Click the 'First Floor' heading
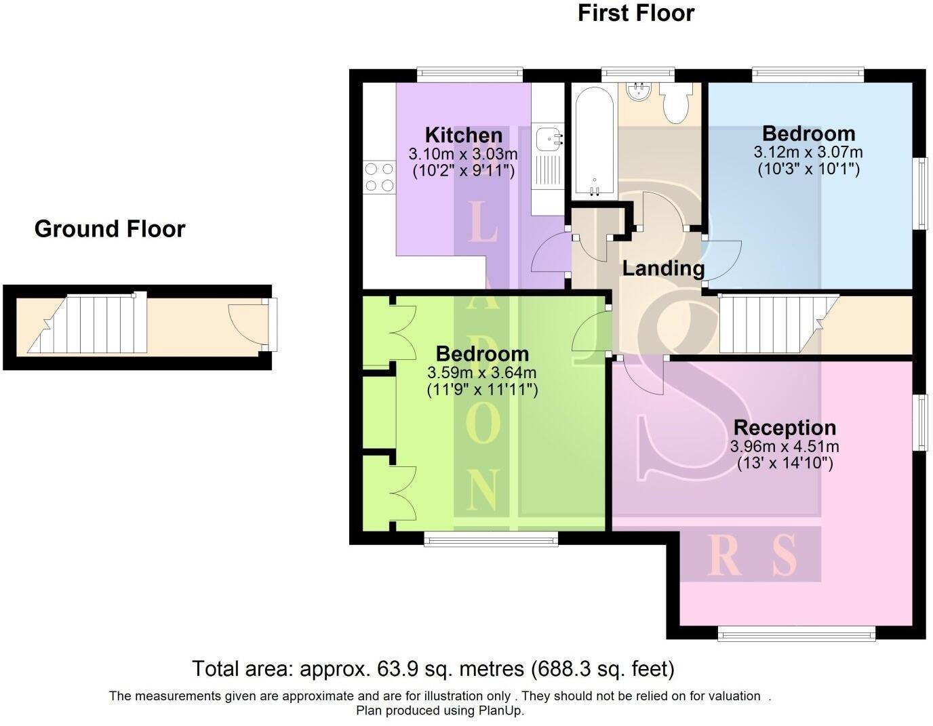[x=635, y=13]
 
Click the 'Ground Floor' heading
[x=109, y=229]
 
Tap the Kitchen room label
[x=463, y=134]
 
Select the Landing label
[x=663, y=268]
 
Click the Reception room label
[x=785, y=428]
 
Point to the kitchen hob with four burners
[x=379, y=177]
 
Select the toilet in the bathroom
[x=675, y=103]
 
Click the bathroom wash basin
[x=638, y=92]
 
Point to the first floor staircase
[x=773, y=324]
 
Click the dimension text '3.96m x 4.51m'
[x=785, y=447]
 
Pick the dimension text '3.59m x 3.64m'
[x=481, y=372]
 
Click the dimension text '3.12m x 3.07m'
[x=808, y=152]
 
